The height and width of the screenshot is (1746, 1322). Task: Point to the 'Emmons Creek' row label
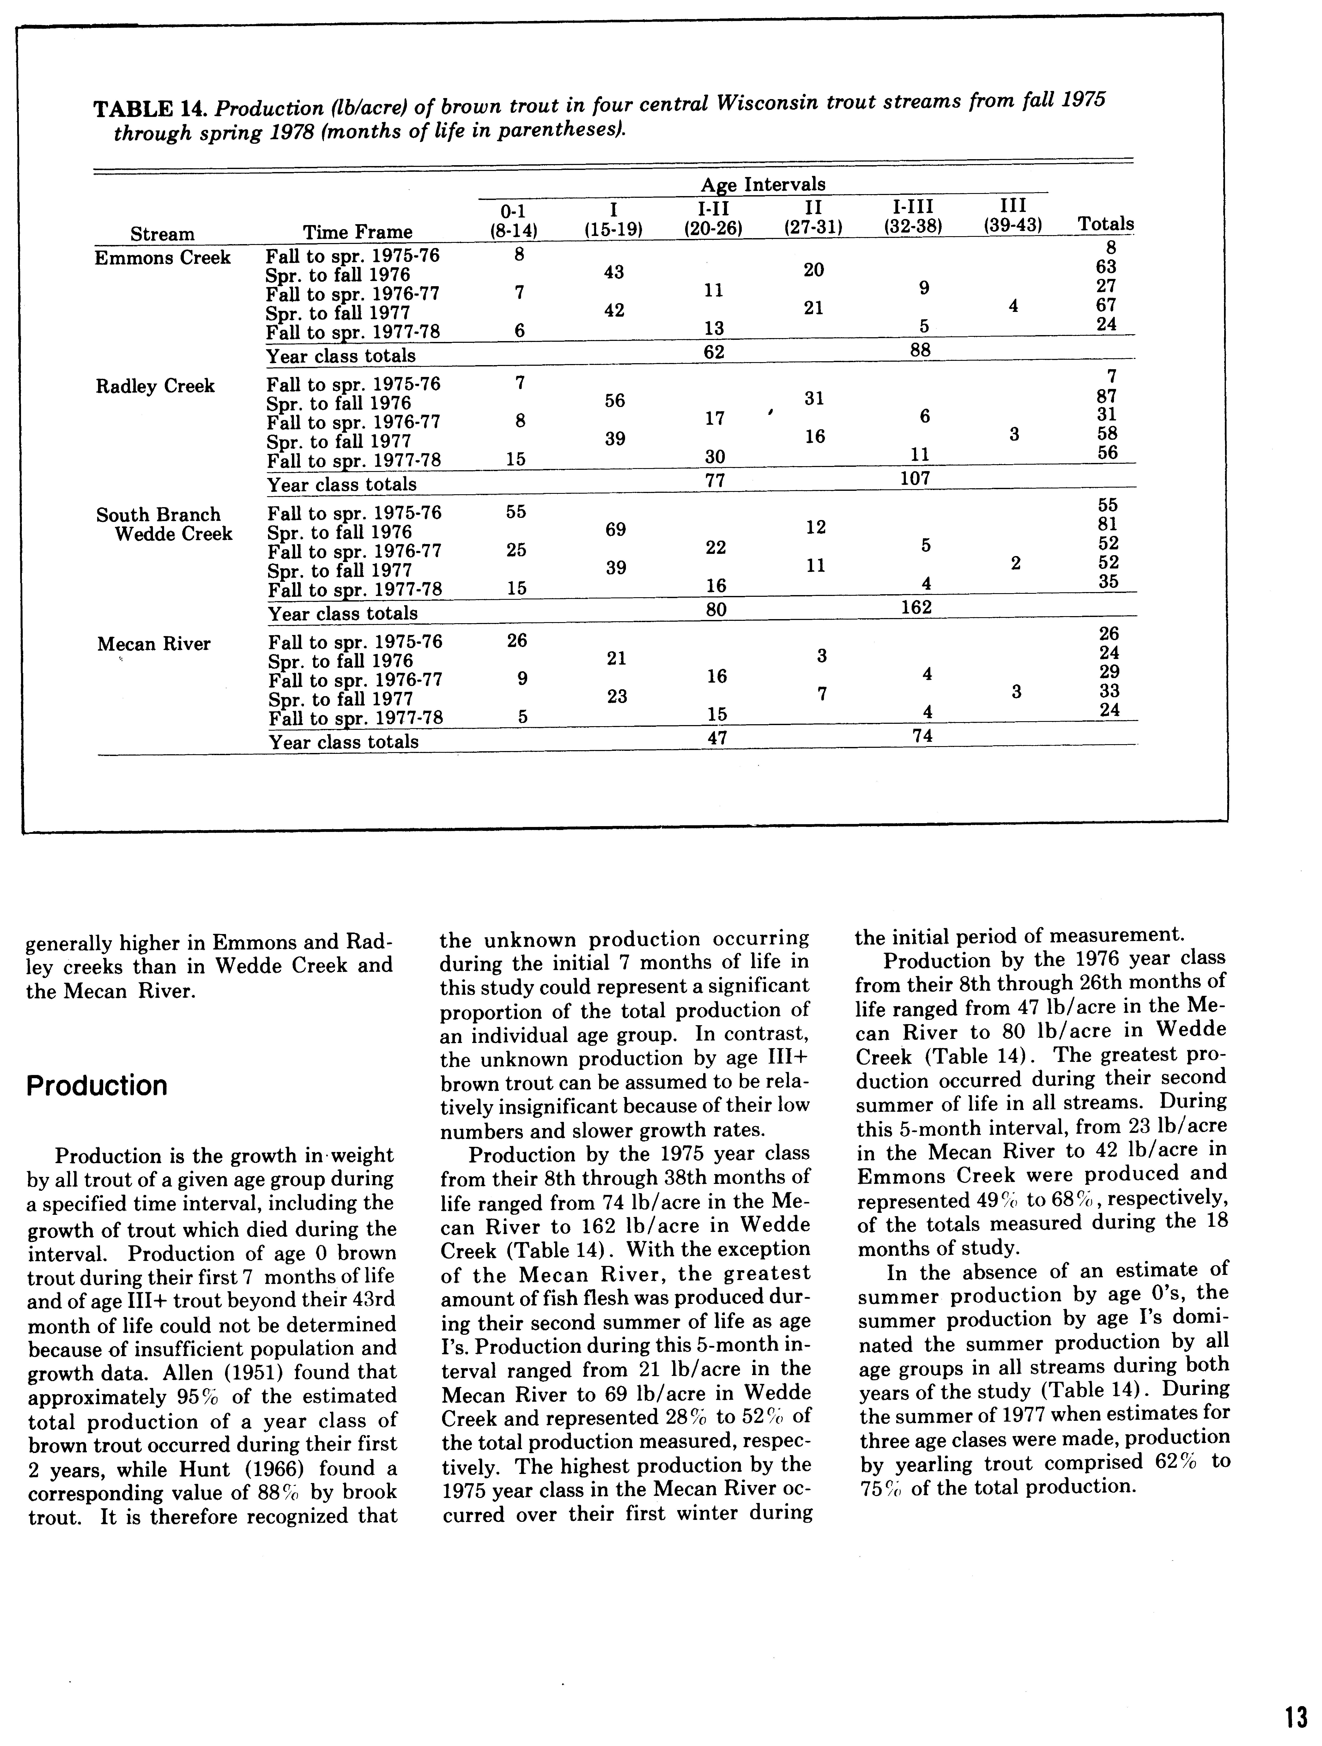[x=163, y=258]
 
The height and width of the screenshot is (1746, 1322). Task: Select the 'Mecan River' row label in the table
[x=154, y=644]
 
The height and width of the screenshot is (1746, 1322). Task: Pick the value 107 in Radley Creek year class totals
[x=916, y=478]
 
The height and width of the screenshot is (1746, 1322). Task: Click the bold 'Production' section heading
[x=97, y=1086]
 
